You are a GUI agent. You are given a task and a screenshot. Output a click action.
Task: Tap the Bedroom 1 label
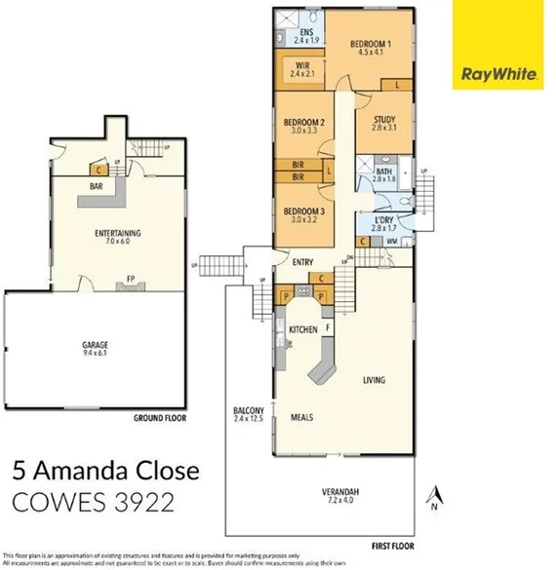click(371, 48)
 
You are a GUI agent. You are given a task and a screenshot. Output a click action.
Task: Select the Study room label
click(384, 122)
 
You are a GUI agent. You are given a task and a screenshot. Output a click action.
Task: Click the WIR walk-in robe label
click(301, 68)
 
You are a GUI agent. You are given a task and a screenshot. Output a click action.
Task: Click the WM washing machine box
click(392, 241)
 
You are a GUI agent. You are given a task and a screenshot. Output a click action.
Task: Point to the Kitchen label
click(303, 330)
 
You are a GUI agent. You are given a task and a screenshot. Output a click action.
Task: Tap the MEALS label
click(302, 417)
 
